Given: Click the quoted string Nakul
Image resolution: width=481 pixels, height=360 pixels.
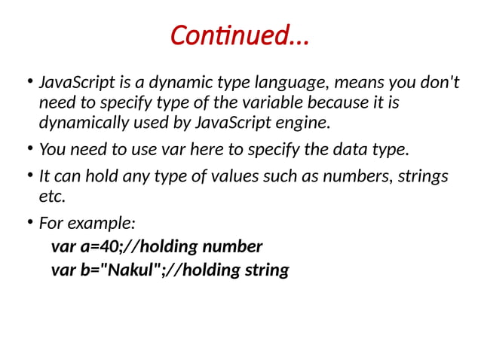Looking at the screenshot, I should [x=130, y=270].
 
